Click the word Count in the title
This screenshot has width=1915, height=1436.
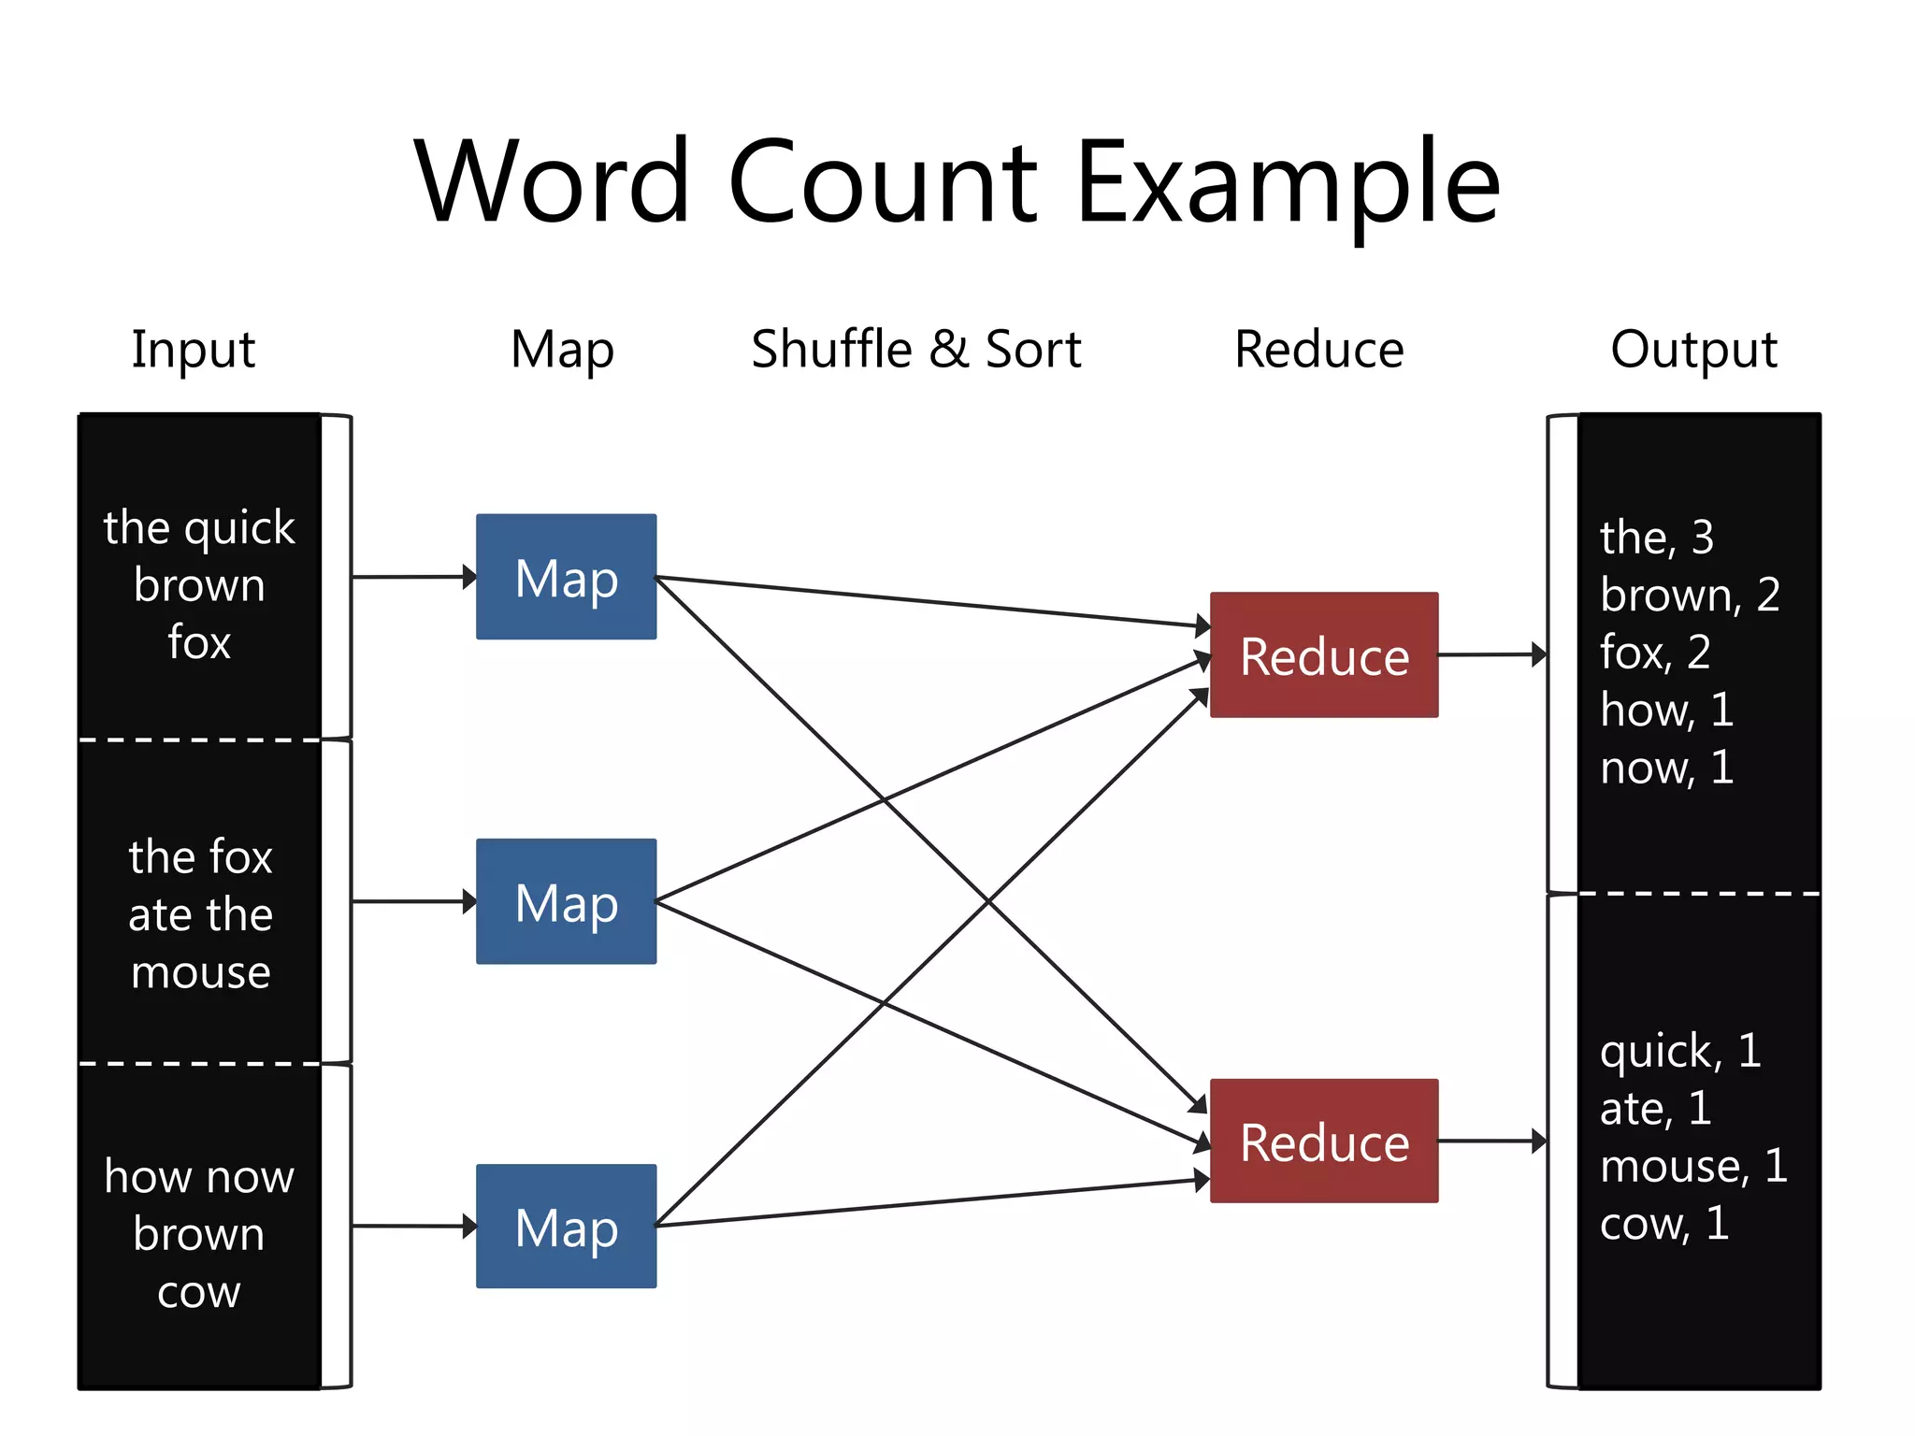coord(883,182)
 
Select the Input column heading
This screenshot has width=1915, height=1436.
coord(193,350)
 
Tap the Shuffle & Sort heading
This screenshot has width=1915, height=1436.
coord(915,350)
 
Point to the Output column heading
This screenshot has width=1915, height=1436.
coord(1692,350)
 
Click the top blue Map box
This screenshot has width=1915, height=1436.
coord(566,577)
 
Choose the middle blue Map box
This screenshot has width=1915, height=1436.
coord(566,901)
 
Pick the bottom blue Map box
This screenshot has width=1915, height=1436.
coord(566,1226)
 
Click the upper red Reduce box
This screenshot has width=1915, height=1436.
coord(1323,654)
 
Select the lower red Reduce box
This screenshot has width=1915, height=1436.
coord(1323,1141)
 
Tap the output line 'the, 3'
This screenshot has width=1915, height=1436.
coord(1656,538)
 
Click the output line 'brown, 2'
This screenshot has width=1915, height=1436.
coord(1689,595)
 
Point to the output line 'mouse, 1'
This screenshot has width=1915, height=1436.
coord(1692,1166)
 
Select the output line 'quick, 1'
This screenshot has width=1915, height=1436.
coord(1679,1051)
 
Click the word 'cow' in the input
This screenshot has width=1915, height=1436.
coord(199,1293)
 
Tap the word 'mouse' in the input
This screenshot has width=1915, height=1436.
coord(200,972)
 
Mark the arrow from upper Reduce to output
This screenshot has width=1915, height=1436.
coord(1491,654)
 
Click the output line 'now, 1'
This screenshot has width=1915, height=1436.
coord(1666,768)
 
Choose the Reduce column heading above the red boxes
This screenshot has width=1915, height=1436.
coord(1318,350)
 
